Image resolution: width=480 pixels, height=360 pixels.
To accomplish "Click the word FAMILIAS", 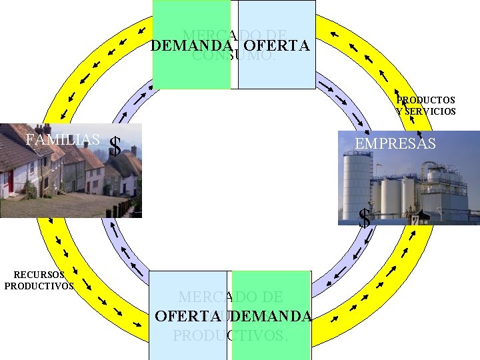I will tap(62, 140).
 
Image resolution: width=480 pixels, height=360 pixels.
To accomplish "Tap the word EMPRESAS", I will tap(395, 143).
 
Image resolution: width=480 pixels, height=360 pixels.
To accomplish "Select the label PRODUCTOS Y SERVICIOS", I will tap(425, 105).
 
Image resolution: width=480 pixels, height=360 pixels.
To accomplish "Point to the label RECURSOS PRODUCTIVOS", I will tap(39, 280).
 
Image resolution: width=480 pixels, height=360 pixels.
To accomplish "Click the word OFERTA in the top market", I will tap(277, 46).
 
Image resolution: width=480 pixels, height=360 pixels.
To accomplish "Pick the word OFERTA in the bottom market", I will tap(188, 316).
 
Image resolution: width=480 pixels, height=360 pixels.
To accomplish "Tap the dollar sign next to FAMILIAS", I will tap(115, 147).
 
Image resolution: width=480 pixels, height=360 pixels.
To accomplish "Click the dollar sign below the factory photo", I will tap(365, 218).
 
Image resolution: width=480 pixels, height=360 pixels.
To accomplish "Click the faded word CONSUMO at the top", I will tap(233, 57).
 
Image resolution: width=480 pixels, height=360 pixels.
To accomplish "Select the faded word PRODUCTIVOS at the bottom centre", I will tap(230, 335).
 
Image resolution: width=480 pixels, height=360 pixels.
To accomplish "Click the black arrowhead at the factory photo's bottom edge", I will tap(420, 215).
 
